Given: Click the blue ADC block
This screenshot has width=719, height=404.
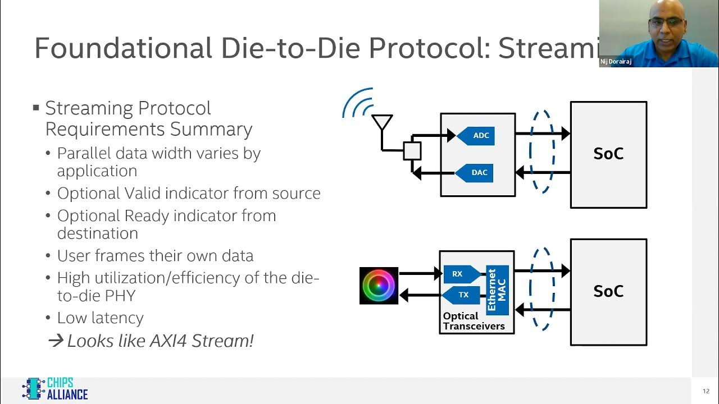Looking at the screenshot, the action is (476, 136).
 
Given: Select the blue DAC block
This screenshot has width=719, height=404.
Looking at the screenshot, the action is (475, 173).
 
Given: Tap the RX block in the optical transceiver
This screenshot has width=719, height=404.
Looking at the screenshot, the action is (461, 274).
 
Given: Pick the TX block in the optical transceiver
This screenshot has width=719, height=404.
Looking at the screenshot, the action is (461, 295).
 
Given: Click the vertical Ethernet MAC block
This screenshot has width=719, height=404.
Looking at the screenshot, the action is (497, 290).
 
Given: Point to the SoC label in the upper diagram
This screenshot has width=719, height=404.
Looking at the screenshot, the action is (608, 154).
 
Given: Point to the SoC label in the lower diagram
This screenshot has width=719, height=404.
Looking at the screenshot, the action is (608, 291).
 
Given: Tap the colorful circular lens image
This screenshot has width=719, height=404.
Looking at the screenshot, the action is (379, 286).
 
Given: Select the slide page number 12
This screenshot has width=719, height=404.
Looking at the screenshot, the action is (706, 391).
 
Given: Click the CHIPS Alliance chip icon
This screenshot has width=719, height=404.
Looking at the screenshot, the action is (33, 388).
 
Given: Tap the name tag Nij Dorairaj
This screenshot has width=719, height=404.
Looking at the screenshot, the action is (616, 62).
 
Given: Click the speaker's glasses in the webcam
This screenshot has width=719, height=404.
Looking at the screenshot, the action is (666, 22).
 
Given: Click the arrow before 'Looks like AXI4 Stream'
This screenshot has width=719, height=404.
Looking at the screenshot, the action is (56, 341).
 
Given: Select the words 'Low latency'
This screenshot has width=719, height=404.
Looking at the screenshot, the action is (101, 318).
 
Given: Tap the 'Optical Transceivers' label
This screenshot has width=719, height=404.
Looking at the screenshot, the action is (474, 322).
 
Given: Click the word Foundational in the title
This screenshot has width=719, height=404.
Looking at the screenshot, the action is (124, 48).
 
